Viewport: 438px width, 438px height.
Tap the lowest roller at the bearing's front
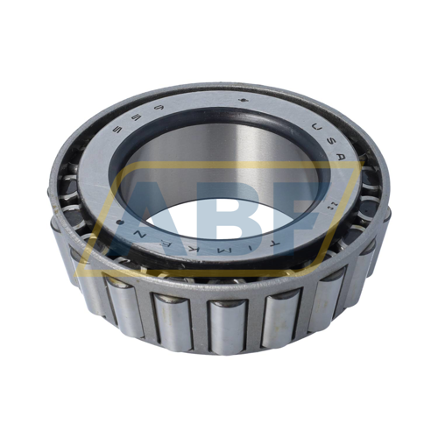pos(220,324)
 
